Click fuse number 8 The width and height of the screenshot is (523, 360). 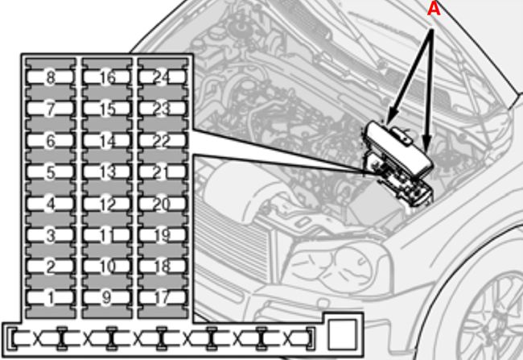coord(51,78)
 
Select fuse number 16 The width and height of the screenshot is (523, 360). coord(108,78)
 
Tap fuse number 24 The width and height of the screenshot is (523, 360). coord(162,78)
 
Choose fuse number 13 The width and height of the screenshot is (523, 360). coord(108,172)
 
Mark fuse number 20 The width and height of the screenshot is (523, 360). coord(162,204)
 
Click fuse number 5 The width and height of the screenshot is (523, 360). coord(51,172)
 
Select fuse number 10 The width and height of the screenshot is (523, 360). coord(108,267)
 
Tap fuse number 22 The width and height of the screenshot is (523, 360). coord(162,141)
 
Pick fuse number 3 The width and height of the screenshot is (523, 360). coord(51,235)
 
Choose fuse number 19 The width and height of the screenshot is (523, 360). coord(162,235)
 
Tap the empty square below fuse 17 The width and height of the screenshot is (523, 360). coord(341,333)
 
